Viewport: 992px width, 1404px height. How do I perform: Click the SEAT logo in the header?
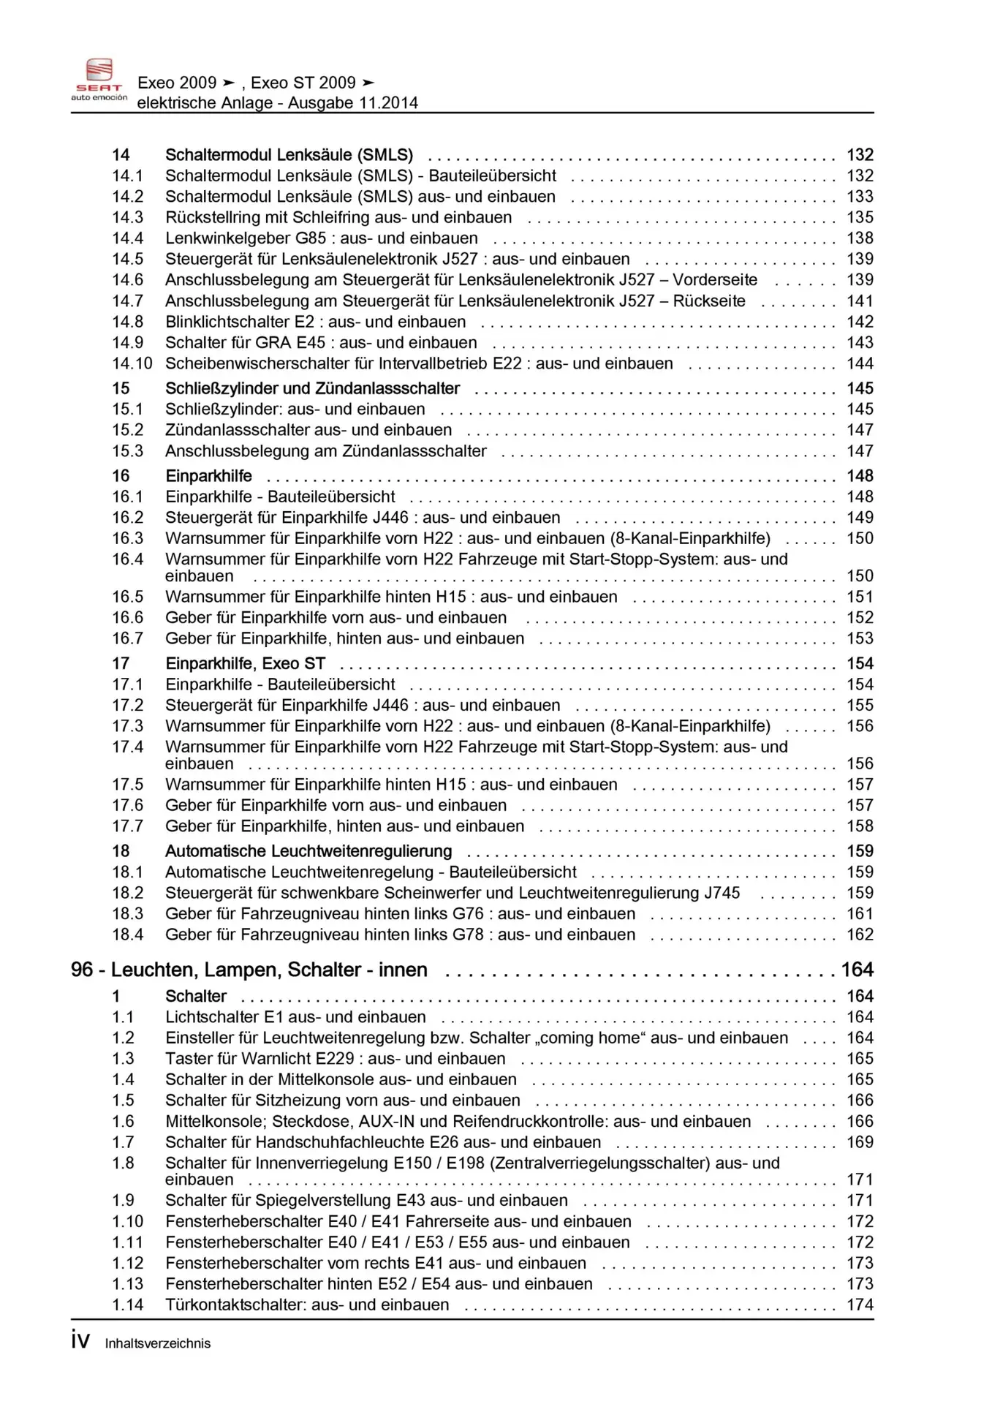coord(99,79)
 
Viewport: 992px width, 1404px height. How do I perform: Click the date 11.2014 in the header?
coord(388,103)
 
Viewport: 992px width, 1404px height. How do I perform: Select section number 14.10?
coord(132,363)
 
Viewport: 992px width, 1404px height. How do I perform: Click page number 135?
coord(860,217)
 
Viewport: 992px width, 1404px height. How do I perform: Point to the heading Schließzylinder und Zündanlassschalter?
coord(312,388)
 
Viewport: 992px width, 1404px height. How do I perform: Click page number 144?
coord(860,363)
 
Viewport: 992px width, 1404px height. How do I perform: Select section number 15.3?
coord(127,451)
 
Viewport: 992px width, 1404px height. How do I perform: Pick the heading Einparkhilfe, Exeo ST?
coord(245,663)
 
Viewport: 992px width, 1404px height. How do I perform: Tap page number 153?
coord(860,638)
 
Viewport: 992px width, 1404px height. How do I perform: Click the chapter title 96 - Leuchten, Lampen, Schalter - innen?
coord(249,970)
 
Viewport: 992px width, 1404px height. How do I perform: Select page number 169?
coord(860,1142)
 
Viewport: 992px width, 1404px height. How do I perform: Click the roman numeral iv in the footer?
coord(80,1340)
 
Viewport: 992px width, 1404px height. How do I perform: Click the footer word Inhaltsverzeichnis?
coord(157,1343)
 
